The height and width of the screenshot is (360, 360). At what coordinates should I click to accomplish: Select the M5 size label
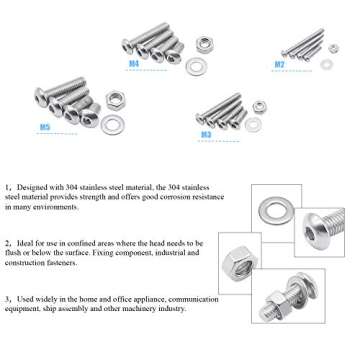(44, 128)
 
